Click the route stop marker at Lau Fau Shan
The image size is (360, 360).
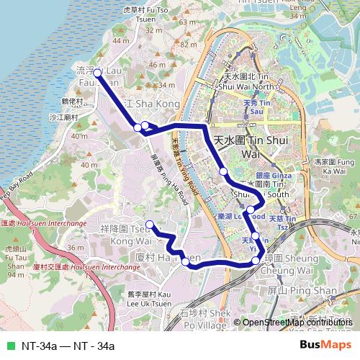(97, 72)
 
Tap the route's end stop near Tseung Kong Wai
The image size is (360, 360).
(150, 224)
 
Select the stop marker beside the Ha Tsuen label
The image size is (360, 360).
(186, 262)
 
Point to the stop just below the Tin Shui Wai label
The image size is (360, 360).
(224, 171)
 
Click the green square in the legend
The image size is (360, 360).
(9, 346)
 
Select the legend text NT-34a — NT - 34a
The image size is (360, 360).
(68, 346)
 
